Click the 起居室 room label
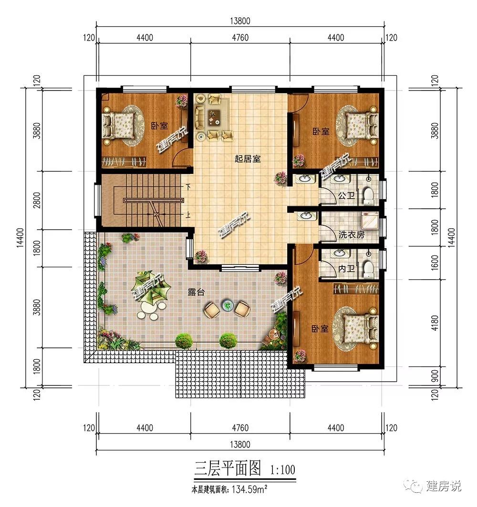(x=248, y=159)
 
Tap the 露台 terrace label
(x=196, y=292)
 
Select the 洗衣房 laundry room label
(x=352, y=234)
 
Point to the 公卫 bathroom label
(x=346, y=195)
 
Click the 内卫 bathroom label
(x=346, y=268)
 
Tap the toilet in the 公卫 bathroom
(x=368, y=196)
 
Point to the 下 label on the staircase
(x=187, y=187)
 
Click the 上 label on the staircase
(x=187, y=214)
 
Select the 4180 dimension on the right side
(x=435, y=323)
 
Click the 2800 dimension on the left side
(x=37, y=200)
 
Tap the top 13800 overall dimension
(x=240, y=21)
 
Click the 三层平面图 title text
(x=228, y=468)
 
